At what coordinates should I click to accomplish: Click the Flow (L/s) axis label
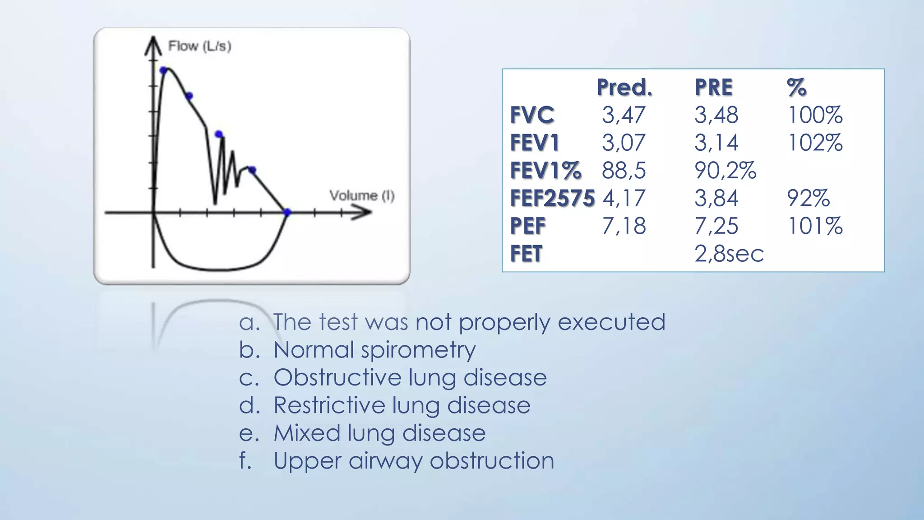pyautogui.click(x=199, y=46)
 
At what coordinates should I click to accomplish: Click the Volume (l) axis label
pyautogui.click(x=362, y=195)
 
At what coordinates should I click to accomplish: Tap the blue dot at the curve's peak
pyautogui.click(x=164, y=70)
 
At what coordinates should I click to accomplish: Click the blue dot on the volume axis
pyautogui.click(x=287, y=212)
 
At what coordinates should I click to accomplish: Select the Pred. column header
pyautogui.click(x=624, y=88)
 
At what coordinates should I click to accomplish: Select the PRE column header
pyautogui.click(x=713, y=88)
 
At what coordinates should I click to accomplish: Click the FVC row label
pyautogui.click(x=532, y=115)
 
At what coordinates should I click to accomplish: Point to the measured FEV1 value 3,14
pyautogui.click(x=716, y=143)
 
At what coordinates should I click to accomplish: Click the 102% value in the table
pyautogui.click(x=815, y=143)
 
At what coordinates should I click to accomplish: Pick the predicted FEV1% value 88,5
pyautogui.click(x=624, y=171)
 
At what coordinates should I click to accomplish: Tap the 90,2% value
pyautogui.click(x=725, y=171)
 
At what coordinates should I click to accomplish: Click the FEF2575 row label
pyautogui.click(x=552, y=199)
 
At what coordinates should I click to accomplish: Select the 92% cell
pyautogui.click(x=808, y=199)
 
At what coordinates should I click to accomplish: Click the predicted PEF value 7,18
pyautogui.click(x=624, y=226)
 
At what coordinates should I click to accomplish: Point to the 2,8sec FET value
pyautogui.click(x=729, y=254)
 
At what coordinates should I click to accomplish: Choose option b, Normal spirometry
pyautogui.click(x=374, y=350)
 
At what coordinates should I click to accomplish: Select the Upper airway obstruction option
pyautogui.click(x=414, y=461)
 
